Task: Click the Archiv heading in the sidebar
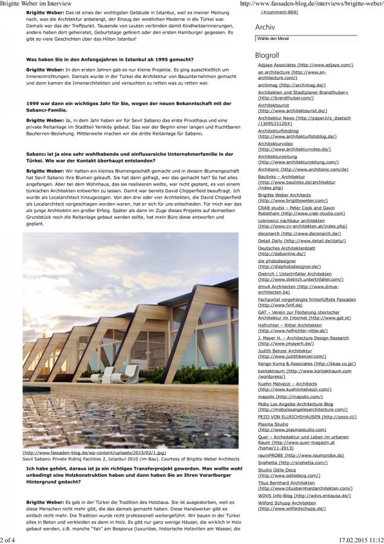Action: (x=266, y=27)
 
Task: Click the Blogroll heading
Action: (x=268, y=55)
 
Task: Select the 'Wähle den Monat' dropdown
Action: (x=306, y=38)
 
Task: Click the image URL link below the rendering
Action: (x=94, y=452)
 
